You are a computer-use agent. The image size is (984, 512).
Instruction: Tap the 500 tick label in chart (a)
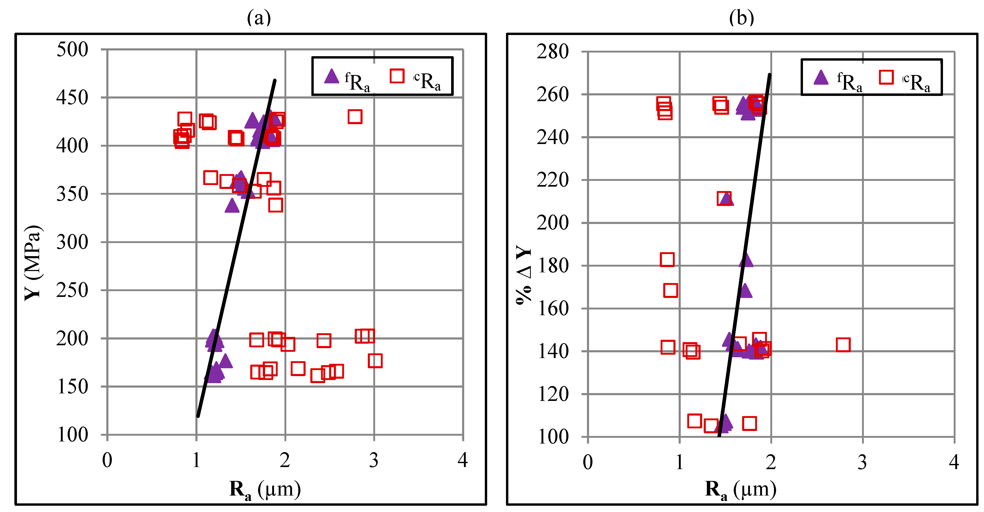[x=72, y=50]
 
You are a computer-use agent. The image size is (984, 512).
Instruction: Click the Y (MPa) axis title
[x=33, y=263]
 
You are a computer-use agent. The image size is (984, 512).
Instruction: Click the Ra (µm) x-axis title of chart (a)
[x=265, y=490]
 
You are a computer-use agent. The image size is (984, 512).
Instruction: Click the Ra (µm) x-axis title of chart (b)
[x=740, y=490]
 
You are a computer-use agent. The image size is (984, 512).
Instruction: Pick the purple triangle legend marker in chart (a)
[x=331, y=76]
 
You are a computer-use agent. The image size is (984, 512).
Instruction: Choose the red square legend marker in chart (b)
[x=886, y=77]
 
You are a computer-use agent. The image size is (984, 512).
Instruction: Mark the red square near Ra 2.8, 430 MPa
[x=355, y=117]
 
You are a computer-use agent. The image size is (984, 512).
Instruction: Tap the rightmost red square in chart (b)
[x=843, y=345]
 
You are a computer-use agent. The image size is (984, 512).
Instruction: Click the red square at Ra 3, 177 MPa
[x=375, y=360]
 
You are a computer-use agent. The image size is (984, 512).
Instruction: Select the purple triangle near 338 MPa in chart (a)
[x=232, y=206]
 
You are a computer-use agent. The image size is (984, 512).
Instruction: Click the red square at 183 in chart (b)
[x=667, y=260]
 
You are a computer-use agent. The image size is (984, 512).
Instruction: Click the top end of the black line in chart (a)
[x=275, y=80]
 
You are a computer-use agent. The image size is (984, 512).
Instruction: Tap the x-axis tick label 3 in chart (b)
[x=862, y=463]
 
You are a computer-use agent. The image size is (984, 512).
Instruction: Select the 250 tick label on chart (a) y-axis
[x=72, y=290]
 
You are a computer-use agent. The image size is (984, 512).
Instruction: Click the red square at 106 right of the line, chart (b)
[x=749, y=423]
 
